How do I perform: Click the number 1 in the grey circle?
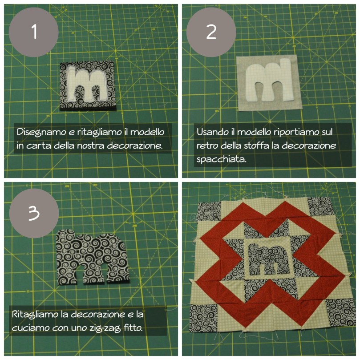[33, 32]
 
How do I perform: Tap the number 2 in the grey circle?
[211, 32]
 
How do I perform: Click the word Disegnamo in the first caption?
[38, 132]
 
